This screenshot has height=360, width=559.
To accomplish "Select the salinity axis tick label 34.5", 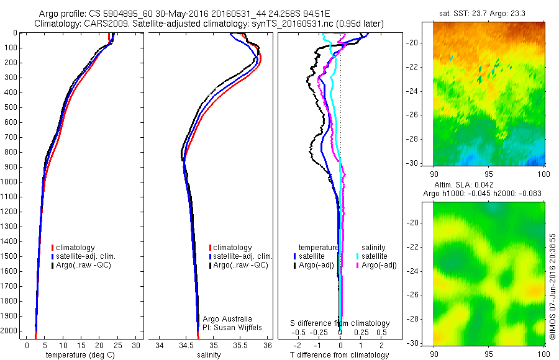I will [186, 345].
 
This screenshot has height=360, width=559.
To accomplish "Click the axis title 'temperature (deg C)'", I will [78, 355].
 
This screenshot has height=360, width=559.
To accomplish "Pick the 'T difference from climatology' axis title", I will [340, 355].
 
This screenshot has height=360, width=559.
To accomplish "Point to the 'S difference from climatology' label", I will [340, 323].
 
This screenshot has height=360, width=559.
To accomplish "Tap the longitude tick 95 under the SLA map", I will [488, 353].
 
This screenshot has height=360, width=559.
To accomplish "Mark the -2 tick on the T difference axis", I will [297, 345].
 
